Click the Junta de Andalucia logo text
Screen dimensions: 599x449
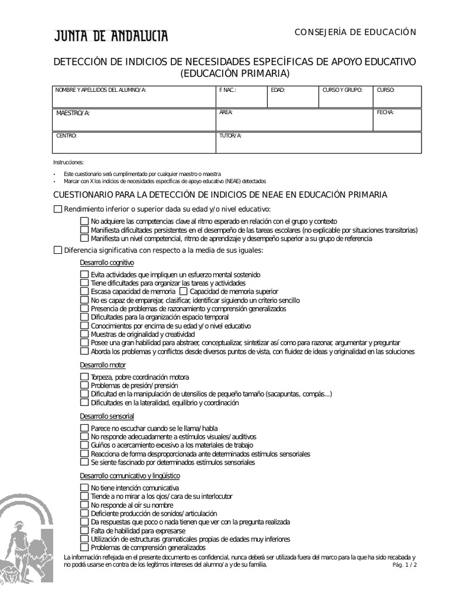click(x=111, y=36)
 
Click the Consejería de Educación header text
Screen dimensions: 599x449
click(x=355, y=32)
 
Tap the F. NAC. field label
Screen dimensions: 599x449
click(x=227, y=90)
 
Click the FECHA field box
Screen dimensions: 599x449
click(x=398, y=120)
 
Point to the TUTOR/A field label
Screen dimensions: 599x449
click(x=230, y=136)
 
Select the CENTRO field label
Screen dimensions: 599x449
click(x=66, y=136)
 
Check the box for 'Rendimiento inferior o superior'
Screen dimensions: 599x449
click(x=57, y=209)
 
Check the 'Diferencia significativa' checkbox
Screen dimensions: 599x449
click(x=57, y=250)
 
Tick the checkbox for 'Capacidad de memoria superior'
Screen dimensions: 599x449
click(x=184, y=291)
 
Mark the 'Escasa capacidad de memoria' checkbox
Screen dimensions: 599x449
click(x=84, y=291)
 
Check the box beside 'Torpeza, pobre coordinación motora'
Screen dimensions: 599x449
click(x=84, y=377)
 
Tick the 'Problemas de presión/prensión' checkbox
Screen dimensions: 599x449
click(x=84, y=386)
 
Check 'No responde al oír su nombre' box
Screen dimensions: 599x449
click(x=84, y=505)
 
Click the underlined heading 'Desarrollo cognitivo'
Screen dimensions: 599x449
click(x=107, y=263)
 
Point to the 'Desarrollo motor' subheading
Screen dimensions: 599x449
click(x=103, y=365)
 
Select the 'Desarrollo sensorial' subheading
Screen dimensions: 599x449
click(x=107, y=416)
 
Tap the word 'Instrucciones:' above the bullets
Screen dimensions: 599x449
click(x=68, y=162)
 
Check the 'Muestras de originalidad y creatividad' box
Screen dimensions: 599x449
click(x=84, y=334)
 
